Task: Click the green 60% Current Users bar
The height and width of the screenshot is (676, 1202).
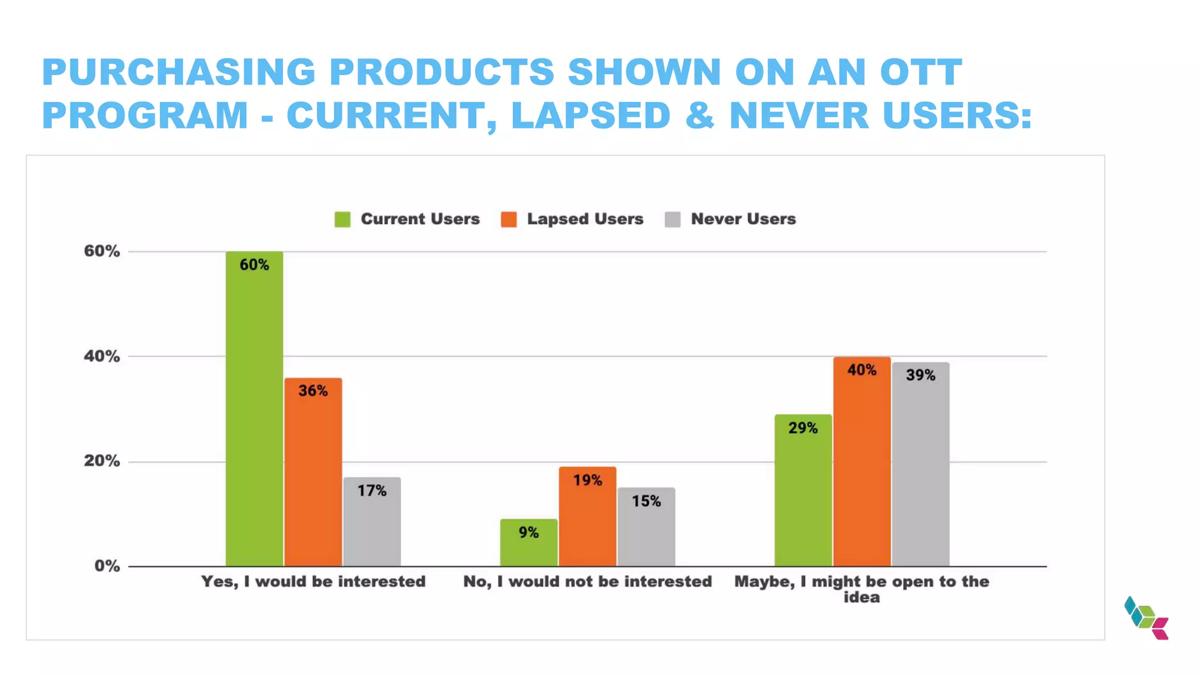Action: click(x=254, y=411)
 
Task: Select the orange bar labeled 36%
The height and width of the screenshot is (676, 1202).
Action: click(x=313, y=475)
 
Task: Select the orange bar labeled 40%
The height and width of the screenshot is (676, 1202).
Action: click(x=862, y=464)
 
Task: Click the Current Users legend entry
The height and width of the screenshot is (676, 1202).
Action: click(x=407, y=219)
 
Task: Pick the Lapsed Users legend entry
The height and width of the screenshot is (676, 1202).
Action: click(x=572, y=219)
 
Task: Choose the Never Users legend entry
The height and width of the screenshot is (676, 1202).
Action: click(x=731, y=219)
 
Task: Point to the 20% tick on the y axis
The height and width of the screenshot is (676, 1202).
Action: click(x=102, y=461)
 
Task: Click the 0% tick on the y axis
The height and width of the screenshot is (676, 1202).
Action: click(x=107, y=566)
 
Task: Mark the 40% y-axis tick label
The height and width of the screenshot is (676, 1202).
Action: click(x=102, y=356)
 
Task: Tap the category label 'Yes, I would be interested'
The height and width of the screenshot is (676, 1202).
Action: click(x=313, y=582)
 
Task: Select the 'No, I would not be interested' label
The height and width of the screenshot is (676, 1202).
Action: click(x=588, y=582)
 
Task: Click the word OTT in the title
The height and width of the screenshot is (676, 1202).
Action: click(x=920, y=72)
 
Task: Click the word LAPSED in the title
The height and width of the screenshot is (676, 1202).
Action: click(x=590, y=115)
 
